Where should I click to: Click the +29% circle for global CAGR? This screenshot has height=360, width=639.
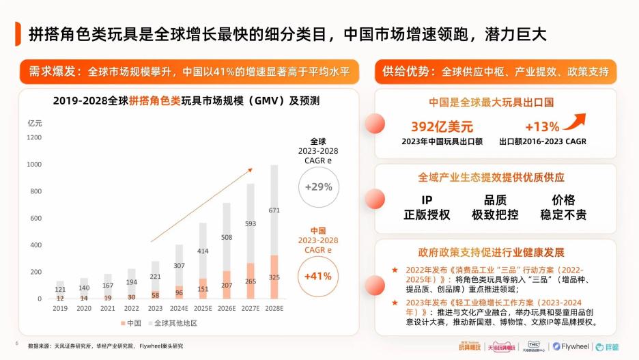click(x=318, y=186)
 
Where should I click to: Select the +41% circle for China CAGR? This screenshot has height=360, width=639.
click(x=318, y=276)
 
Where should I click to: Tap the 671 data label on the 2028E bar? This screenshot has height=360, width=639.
click(x=274, y=210)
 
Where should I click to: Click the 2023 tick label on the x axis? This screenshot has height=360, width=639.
click(x=156, y=308)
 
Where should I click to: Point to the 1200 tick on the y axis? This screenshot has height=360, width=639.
click(x=34, y=137)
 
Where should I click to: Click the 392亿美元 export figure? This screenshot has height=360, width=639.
click(x=442, y=127)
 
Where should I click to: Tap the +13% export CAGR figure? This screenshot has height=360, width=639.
click(x=542, y=127)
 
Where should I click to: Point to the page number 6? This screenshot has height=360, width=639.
click(x=16, y=343)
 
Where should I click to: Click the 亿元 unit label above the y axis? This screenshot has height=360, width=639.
click(x=34, y=123)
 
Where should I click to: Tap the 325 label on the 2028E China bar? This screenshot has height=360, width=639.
click(x=274, y=277)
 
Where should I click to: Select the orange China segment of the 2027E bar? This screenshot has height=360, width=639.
click(x=250, y=281)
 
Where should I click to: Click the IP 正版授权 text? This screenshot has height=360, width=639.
click(x=427, y=208)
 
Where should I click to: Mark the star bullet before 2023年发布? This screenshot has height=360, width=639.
click(x=395, y=301)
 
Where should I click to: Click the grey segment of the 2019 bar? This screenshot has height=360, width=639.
click(x=60, y=288)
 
